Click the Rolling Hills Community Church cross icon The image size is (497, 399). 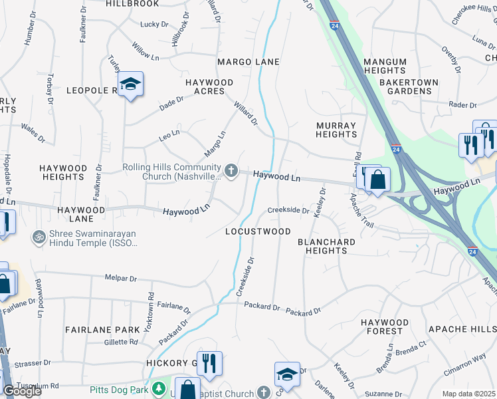231,172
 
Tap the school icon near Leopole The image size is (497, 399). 131,84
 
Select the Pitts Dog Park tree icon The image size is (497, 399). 158,388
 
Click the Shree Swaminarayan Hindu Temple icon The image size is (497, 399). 39,236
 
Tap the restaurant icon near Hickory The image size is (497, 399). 209,363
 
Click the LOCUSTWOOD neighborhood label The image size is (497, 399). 258,231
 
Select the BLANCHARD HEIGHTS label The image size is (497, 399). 322,246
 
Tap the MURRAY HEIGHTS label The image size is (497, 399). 336,130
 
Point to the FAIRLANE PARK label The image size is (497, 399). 102,329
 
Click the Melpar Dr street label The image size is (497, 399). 120,279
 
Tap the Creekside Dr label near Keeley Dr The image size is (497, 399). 288,210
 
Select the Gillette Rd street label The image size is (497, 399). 121,342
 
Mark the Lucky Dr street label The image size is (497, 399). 154,25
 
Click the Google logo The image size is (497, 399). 21,391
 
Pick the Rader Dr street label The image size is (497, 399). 464,104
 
